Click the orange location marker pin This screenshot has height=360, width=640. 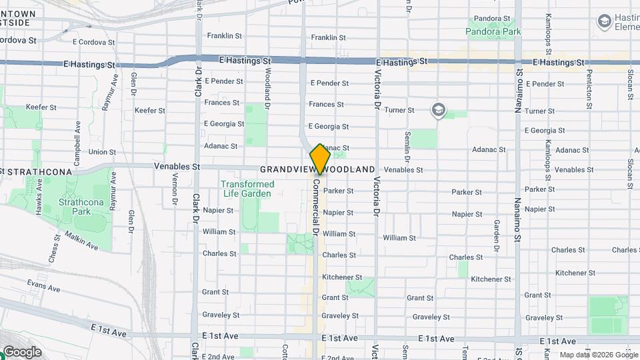(320, 159)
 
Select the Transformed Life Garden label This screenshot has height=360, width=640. (247, 189)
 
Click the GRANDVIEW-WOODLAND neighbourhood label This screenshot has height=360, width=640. (317, 170)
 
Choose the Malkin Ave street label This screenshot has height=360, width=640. (81, 241)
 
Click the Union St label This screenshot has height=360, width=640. (102, 152)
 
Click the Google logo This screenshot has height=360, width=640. (21, 351)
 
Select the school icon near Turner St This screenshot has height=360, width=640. (438, 110)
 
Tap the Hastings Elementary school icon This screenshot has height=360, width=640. (605, 22)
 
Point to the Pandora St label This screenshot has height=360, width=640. (491, 19)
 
